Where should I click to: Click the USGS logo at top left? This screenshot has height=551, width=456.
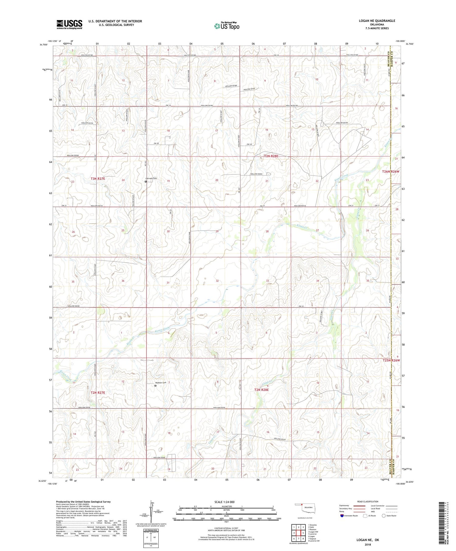click(69, 24)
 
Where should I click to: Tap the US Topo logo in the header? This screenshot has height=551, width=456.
click(226, 26)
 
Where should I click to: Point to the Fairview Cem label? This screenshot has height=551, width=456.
click(151, 178)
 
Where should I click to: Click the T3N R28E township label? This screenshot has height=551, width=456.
click(271, 156)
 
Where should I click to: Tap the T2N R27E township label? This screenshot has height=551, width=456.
click(98, 393)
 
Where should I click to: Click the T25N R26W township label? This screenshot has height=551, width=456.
click(391, 360)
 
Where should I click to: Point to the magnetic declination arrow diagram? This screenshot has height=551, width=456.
click(151, 511)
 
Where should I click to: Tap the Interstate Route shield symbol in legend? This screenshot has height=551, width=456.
click(342, 516)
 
